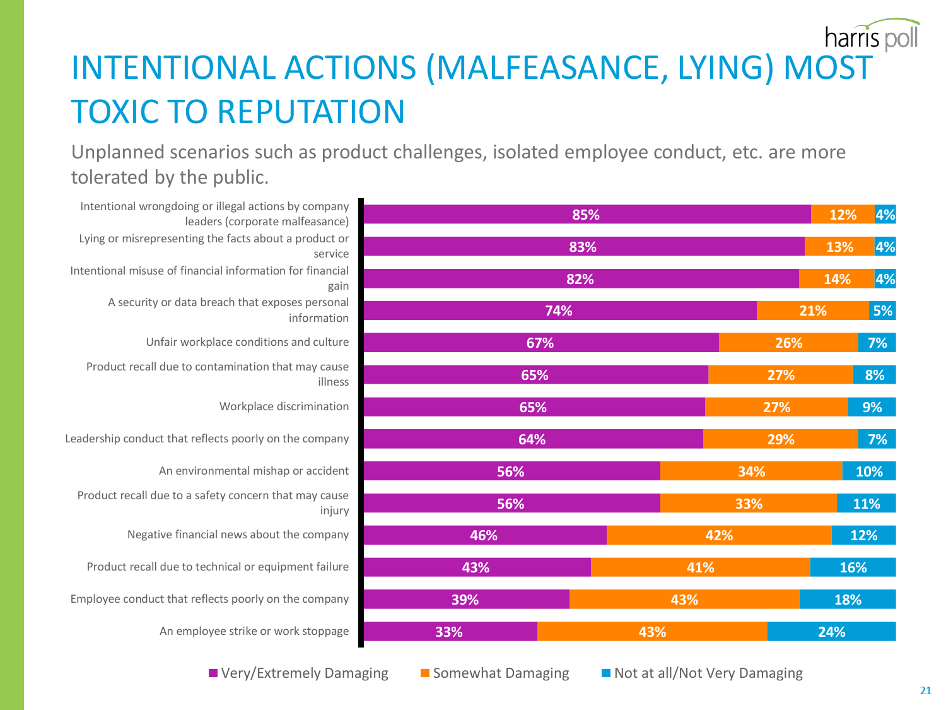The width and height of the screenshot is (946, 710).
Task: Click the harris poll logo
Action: pos(872,36)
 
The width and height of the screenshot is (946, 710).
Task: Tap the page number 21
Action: pos(925,690)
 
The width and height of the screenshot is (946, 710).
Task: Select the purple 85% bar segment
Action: pos(587,215)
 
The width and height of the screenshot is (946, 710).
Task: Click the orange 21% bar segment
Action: pos(812,311)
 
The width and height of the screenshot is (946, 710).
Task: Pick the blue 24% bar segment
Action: pos(831,632)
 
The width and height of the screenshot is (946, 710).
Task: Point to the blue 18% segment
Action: pos(847,600)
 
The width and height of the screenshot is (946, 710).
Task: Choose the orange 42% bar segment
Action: pos(719,535)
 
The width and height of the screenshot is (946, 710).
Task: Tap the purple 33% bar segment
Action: pos(450,632)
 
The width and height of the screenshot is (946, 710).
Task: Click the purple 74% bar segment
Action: pos(559,311)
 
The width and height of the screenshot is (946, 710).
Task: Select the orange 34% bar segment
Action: pos(751,471)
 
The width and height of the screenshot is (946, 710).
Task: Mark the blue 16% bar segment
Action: pos(853,567)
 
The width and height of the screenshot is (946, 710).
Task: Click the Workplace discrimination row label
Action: pos(284,406)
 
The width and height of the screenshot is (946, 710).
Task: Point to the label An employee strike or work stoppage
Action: pos(254,631)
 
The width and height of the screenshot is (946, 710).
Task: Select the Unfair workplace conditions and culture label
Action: pos(247,342)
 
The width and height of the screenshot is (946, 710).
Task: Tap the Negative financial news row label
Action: pos(238,535)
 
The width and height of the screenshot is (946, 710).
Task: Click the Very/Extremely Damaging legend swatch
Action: pos(214,673)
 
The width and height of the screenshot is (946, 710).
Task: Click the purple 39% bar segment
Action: pos(465,600)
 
